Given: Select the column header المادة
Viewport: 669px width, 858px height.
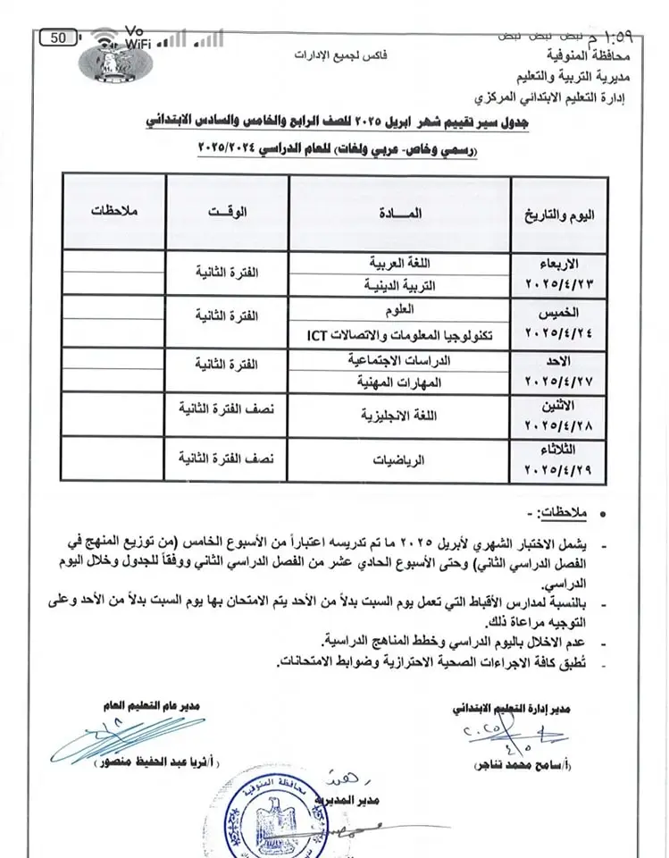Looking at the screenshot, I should (400, 214).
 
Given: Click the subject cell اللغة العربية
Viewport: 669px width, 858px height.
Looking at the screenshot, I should (399, 265).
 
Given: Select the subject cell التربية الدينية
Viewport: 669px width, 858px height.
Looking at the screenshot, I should (399, 287).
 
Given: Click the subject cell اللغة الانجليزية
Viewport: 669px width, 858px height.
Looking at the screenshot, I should (399, 416).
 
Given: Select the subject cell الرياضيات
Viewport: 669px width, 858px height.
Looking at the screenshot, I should (399, 461).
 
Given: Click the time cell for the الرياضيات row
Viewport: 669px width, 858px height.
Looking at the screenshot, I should (227, 461).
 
